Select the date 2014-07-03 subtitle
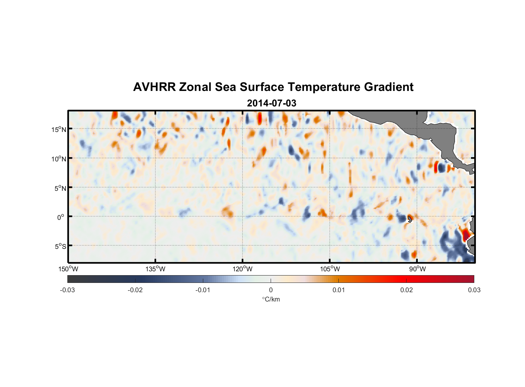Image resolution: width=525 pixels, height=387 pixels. (271, 103)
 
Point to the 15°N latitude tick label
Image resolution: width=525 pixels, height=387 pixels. (59, 129)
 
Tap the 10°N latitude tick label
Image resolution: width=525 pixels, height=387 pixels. (59, 159)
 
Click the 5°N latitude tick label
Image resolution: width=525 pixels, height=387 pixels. (60, 188)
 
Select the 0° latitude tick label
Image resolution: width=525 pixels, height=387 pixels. (61, 217)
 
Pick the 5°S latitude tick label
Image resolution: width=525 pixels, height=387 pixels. (60, 247)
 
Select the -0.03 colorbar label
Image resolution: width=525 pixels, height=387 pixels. (67, 290)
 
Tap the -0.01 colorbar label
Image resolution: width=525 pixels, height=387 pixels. (203, 290)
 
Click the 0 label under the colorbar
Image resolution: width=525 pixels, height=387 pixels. (271, 290)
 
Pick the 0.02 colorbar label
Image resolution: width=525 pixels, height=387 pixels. (407, 290)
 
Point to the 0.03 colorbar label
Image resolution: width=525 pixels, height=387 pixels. (474, 290)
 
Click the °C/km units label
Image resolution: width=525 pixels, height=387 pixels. (271, 299)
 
